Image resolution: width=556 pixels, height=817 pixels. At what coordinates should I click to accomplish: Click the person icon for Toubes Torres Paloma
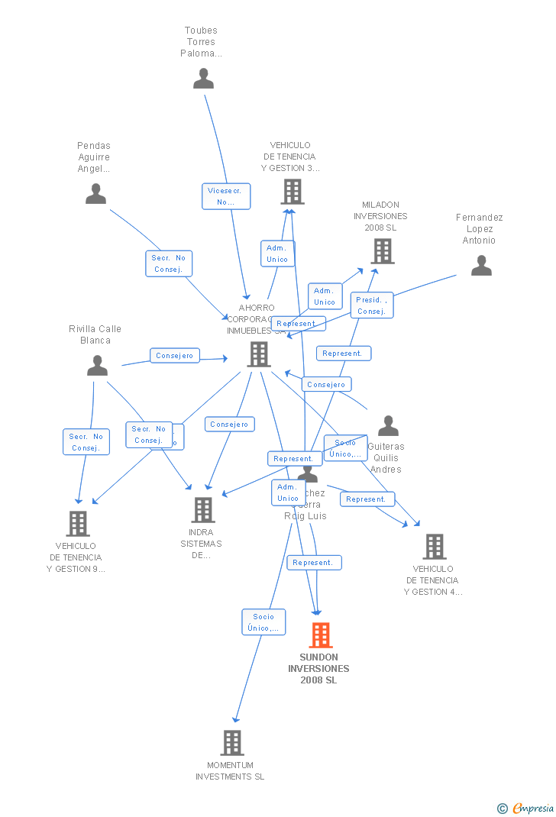point(203,79)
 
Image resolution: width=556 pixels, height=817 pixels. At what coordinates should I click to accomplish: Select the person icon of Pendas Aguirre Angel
point(95,194)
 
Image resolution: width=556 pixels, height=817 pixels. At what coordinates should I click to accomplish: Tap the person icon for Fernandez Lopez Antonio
point(481,266)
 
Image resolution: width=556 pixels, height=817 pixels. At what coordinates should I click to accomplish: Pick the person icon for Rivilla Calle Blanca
point(97,366)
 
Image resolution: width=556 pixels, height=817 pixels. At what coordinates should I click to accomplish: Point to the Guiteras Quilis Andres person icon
point(388,426)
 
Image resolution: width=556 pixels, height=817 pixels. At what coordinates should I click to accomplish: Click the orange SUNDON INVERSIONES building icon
point(321,635)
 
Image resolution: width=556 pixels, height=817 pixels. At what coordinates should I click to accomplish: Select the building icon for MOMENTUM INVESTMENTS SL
point(232,742)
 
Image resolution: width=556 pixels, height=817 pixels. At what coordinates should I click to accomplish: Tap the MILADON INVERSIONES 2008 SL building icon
point(382,250)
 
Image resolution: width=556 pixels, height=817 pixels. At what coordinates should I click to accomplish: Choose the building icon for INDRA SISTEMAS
point(203,509)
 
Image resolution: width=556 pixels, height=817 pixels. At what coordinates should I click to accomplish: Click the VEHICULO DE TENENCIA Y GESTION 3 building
point(293,192)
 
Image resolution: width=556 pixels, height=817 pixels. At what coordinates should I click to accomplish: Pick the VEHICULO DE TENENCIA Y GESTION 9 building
point(78,523)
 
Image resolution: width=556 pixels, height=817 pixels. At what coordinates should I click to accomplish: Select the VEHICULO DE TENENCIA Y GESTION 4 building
point(435,547)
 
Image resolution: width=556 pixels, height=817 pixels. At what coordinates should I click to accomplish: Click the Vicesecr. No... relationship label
point(226,196)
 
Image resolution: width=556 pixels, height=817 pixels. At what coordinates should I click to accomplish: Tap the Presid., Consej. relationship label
point(372,305)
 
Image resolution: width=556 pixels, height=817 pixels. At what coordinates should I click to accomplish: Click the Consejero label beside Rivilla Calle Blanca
point(175,356)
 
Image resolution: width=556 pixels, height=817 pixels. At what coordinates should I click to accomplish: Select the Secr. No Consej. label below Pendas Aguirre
point(169,263)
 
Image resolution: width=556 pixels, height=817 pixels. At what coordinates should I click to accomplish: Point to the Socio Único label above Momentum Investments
point(263,622)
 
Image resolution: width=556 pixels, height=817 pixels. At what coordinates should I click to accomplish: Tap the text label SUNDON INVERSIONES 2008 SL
point(318,669)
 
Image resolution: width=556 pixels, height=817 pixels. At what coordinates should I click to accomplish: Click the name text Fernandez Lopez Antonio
point(479,229)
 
